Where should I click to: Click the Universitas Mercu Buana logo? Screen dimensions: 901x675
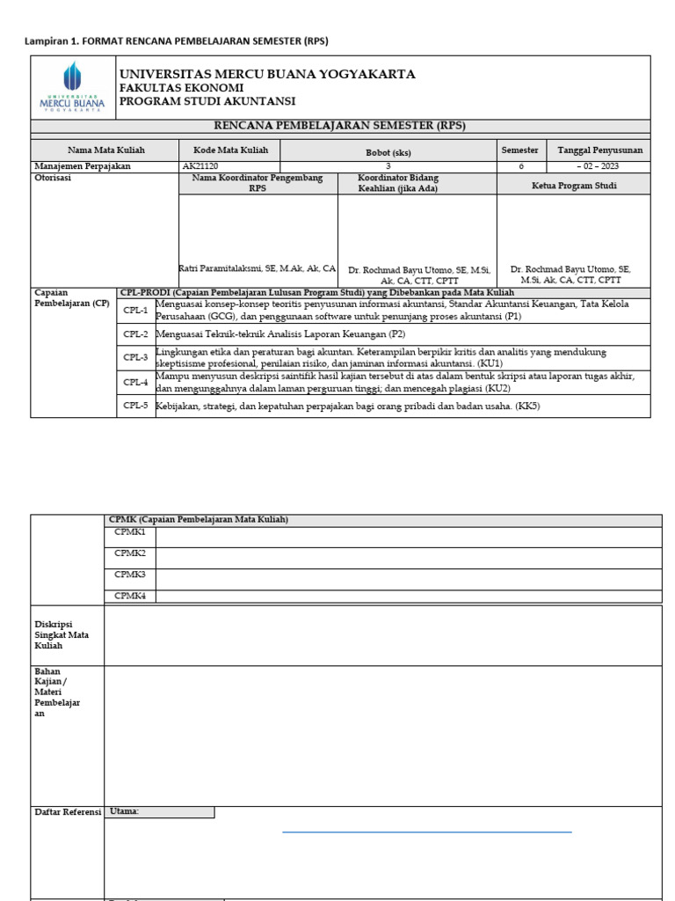[x=73, y=88]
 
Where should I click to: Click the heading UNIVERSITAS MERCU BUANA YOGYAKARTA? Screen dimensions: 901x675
[x=267, y=74]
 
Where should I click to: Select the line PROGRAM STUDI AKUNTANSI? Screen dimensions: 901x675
[x=207, y=102]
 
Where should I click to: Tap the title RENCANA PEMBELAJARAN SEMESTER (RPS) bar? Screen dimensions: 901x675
[x=340, y=126]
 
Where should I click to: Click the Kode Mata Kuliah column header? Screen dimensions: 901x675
[x=230, y=150]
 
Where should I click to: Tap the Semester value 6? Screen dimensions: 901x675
[x=520, y=165]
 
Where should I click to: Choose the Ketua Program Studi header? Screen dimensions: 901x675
[x=574, y=186]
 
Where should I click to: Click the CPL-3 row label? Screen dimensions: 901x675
[x=135, y=358]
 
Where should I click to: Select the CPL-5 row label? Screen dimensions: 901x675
[x=135, y=406]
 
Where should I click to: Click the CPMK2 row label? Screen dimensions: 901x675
[x=129, y=553]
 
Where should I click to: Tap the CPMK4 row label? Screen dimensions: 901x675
[x=129, y=596]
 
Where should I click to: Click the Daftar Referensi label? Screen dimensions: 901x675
[x=68, y=812]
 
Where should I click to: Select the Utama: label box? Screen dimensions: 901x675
[x=159, y=812]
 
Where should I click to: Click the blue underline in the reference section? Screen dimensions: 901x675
[x=426, y=831]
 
